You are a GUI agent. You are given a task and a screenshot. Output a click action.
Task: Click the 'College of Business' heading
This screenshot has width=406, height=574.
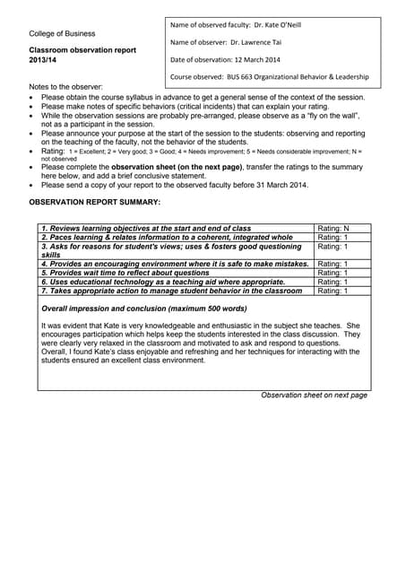63,33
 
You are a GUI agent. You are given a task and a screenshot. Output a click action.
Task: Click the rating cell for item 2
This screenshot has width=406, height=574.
334,238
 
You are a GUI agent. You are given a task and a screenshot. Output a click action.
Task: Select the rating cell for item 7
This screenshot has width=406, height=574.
334,291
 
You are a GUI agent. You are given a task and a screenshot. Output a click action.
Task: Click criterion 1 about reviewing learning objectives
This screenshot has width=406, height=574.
147,229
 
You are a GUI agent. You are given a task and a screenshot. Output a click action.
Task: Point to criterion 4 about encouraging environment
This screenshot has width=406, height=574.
176,264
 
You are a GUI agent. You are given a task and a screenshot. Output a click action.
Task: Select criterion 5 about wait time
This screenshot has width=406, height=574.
126,273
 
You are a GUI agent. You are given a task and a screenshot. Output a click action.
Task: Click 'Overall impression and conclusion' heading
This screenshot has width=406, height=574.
144,309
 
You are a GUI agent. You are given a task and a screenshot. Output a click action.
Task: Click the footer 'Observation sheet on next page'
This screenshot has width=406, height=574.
314,395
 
